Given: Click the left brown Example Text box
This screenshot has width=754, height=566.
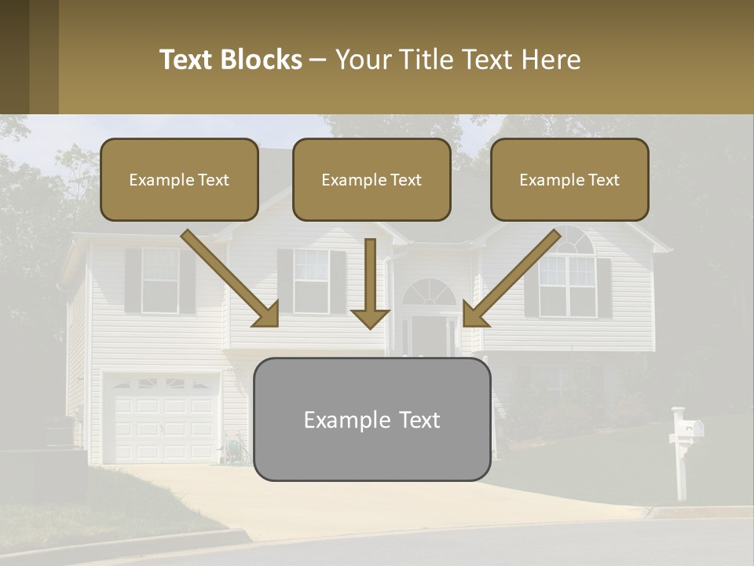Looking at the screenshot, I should (x=179, y=180).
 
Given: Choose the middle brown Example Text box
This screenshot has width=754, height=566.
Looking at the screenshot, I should (x=372, y=180).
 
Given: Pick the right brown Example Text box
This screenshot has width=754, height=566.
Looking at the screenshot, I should (x=569, y=180).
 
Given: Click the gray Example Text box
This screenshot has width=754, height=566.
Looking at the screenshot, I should (x=372, y=420).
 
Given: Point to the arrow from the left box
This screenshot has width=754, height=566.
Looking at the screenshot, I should (x=232, y=279).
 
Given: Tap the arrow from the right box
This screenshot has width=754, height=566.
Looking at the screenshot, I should (x=510, y=279).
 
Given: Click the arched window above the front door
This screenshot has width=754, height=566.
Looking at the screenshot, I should (x=429, y=292).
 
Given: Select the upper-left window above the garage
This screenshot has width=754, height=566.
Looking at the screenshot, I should (x=160, y=280).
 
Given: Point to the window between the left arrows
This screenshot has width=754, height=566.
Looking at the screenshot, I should (x=311, y=280).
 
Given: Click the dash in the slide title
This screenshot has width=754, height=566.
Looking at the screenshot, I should (x=318, y=60).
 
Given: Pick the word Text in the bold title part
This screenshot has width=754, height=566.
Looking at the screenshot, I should (x=187, y=60).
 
